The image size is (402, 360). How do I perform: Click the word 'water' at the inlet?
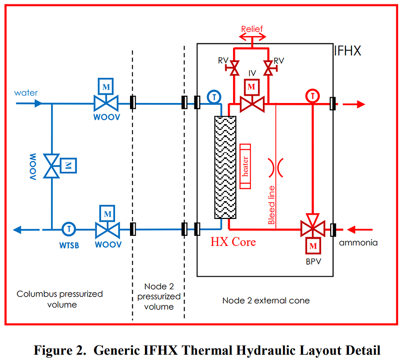pos(26,92)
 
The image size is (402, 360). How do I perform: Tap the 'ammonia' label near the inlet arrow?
pos(358,243)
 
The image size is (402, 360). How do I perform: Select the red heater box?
pos(246,166)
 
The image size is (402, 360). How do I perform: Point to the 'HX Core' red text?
pos(233,241)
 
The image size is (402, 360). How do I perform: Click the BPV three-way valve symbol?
pos(313,229)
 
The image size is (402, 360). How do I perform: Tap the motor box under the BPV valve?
pos(313,246)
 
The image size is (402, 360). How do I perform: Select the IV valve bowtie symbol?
pos(251,103)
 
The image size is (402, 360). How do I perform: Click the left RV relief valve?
pos(234,68)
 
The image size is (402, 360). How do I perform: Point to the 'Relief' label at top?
pos(252,29)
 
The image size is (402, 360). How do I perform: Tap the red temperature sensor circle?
pos(313,96)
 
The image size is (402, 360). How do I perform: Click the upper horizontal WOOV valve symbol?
pos(106,103)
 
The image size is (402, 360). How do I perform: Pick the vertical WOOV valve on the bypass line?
pos(51,166)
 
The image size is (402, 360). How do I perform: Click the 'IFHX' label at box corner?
pos(347,51)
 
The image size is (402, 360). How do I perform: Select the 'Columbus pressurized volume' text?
pos(60,299)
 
